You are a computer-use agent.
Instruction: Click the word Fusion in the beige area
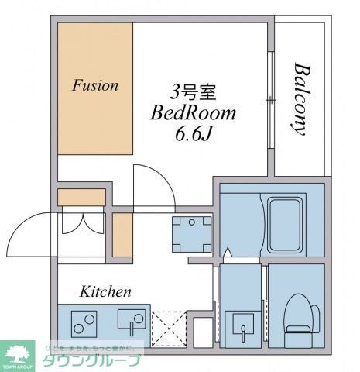pyautogui.click(x=95, y=85)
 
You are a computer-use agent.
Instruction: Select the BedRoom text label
pyautogui.click(x=193, y=113)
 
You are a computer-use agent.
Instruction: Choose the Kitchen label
pyautogui.click(x=105, y=292)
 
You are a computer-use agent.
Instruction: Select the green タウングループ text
pyautogui.click(x=91, y=361)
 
